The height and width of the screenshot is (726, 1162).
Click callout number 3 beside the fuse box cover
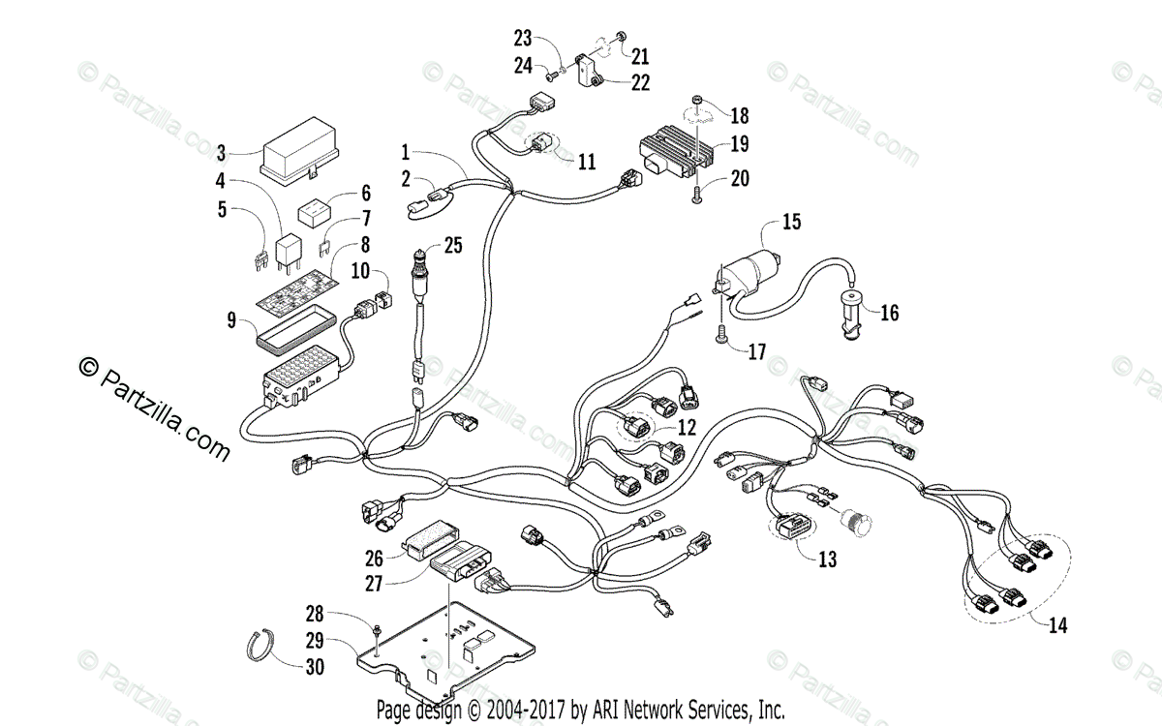pyautogui.click(x=221, y=152)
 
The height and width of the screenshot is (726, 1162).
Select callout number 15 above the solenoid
pyautogui.click(x=792, y=223)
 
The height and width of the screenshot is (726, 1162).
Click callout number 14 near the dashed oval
pyautogui.click(x=1057, y=625)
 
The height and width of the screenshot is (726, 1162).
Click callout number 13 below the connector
pyautogui.click(x=827, y=559)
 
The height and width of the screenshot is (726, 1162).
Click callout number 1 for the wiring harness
pyautogui.click(x=407, y=152)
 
